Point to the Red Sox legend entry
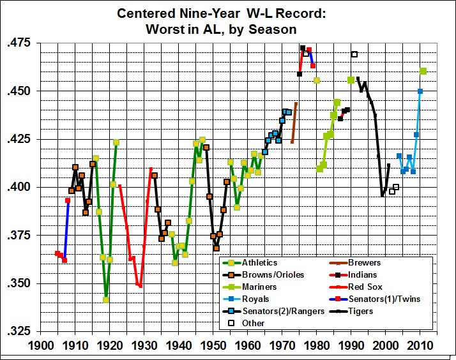(366, 287)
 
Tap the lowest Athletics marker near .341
(106, 299)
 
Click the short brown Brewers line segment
(294, 123)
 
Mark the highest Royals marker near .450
(420, 91)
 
